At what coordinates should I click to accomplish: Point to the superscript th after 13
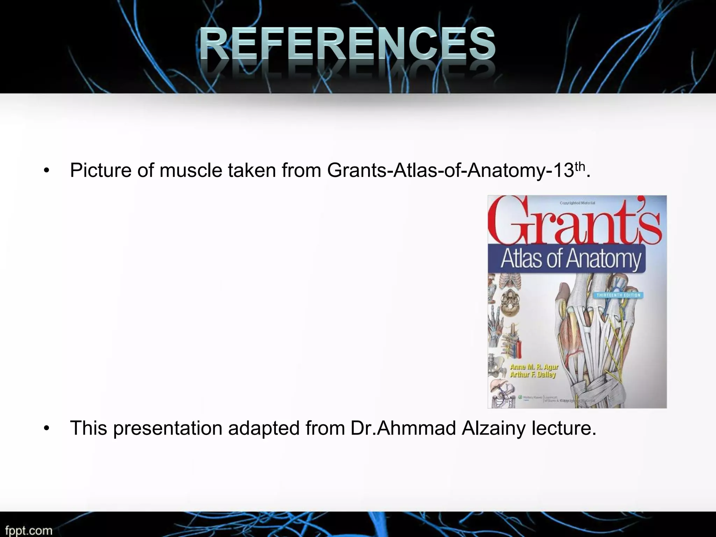click(x=580, y=166)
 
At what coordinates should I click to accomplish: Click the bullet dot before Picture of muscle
click(x=46, y=171)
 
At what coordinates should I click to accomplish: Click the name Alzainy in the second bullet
click(x=493, y=428)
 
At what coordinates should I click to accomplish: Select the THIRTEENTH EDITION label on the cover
click(x=618, y=295)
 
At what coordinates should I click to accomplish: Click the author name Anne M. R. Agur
click(x=534, y=367)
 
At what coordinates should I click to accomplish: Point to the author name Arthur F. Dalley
click(x=532, y=374)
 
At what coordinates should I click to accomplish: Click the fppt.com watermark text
click(x=29, y=530)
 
